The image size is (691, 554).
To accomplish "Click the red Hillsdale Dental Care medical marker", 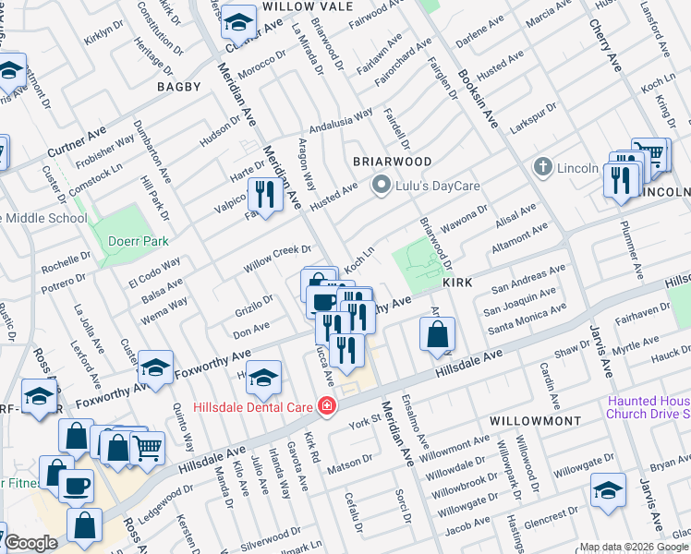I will click(x=325, y=405).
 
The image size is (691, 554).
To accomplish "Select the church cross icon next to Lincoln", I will click(x=542, y=168).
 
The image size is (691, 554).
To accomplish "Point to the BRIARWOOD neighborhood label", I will click(x=393, y=161).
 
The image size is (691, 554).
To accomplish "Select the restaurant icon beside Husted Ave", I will click(x=264, y=195).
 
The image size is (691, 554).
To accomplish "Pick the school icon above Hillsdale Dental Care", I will click(x=263, y=378).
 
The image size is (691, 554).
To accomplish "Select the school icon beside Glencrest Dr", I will click(x=608, y=490).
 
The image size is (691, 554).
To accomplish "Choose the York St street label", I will click(x=366, y=425).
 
